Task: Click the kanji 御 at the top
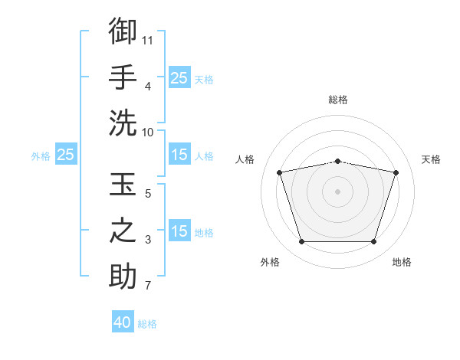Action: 123,31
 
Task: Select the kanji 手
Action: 123,77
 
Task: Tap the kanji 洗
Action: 123,123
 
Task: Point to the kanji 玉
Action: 123,184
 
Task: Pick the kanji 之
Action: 123,230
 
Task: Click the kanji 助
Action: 123,276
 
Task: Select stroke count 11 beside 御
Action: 147,41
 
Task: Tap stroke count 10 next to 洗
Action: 147,133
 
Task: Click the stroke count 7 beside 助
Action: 148,285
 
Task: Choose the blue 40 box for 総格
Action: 123,321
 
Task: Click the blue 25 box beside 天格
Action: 179,77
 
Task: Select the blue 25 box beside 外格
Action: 66,154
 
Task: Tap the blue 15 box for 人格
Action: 179,154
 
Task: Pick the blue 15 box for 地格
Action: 179,230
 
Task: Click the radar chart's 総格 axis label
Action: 338,100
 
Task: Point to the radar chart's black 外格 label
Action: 270,262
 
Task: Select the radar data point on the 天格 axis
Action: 396,172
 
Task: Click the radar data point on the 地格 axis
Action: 373,241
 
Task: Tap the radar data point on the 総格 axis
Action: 337,162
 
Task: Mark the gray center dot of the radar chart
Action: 337,191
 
